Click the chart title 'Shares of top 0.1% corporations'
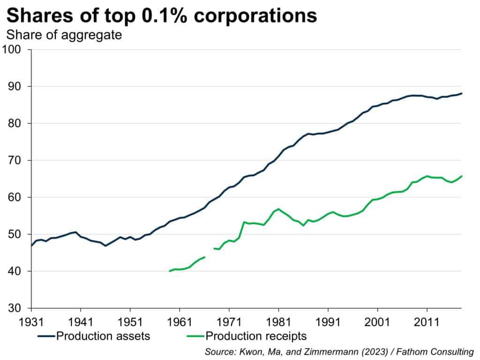(x=162, y=16)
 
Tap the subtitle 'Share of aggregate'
(x=64, y=35)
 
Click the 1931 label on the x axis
(x=31, y=323)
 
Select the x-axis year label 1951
(x=130, y=323)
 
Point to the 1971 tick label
(x=229, y=323)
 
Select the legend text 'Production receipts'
(x=256, y=336)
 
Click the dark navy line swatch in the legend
(x=45, y=336)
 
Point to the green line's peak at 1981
(x=278, y=209)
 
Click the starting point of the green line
(x=170, y=271)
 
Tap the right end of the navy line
(x=461, y=93)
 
